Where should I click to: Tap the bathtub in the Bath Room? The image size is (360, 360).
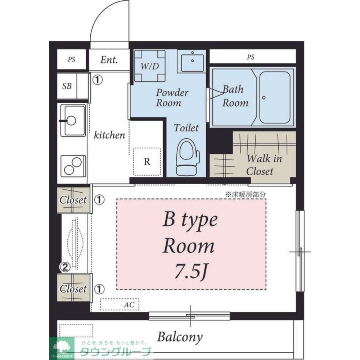[275, 97]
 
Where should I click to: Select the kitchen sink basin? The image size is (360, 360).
[73, 120]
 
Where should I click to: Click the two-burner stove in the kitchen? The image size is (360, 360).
[73, 166]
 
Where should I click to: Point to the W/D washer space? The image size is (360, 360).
[150, 66]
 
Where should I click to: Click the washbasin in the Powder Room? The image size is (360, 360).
[192, 61]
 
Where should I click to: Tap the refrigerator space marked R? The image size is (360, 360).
[147, 162]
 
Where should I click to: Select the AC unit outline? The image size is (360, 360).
[120, 305]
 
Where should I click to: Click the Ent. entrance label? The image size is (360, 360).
[109, 60]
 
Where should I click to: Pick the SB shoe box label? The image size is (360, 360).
[67, 86]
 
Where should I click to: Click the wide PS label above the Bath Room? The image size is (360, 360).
[251, 57]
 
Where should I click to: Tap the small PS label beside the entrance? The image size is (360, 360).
[71, 59]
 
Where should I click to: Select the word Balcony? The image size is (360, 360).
[180, 337]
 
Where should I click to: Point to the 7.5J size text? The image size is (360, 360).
[192, 271]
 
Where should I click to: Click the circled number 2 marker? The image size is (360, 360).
[65, 267]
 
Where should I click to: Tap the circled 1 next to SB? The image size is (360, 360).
[98, 80]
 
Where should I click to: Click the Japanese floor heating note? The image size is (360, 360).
[245, 195]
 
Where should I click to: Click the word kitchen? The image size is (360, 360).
[109, 135]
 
